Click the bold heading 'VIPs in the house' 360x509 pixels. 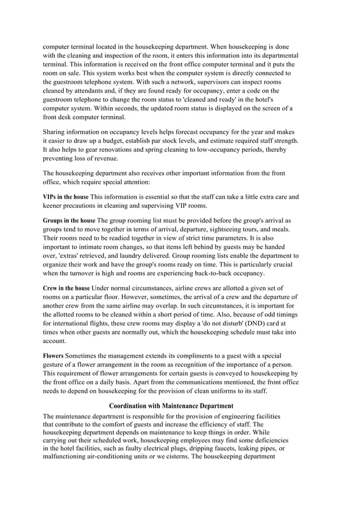[66, 197]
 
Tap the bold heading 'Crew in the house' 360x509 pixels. [66, 288]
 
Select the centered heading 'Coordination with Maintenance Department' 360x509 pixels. [171, 406]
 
